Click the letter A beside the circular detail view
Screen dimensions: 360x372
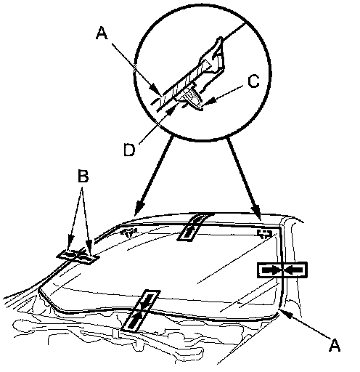(x=102, y=33)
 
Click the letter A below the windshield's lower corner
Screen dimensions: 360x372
(x=335, y=344)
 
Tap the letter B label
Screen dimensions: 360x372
(x=83, y=176)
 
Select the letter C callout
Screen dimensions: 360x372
(x=253, y=81)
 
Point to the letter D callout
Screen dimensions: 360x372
(x=129, y=150)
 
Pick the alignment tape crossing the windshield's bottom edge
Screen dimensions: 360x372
(x=141, y=310)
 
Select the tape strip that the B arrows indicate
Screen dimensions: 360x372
(x=78, y=256)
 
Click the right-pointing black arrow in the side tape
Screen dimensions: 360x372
(x=271, y=270)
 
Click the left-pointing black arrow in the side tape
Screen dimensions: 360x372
(x=294, y=270)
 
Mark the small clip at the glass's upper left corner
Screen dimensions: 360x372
(x=128, y=232)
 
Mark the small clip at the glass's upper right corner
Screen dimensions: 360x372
(x=264, y=233)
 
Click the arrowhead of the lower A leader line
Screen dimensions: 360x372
(x=282, y=311)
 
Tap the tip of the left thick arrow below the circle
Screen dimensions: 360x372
(x=136, y=214)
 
